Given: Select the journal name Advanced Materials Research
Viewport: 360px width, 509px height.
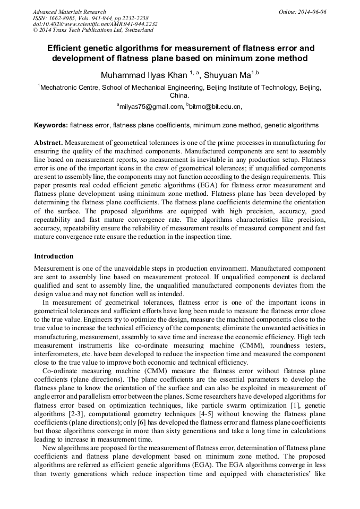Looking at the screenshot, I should coord(69,12).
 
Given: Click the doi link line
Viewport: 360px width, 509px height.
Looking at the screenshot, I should coord(95,24).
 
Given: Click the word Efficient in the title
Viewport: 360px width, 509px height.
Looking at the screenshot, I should coord(66,48).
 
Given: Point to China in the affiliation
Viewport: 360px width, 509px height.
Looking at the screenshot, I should coord(179,96).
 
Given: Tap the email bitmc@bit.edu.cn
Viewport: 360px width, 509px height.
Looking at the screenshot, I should coord(215,107).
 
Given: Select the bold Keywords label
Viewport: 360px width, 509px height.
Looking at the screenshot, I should coord(51,126).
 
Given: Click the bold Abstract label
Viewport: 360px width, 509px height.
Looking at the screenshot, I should coord(48,143).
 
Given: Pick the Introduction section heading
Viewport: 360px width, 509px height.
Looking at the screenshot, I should coord(54,256).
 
